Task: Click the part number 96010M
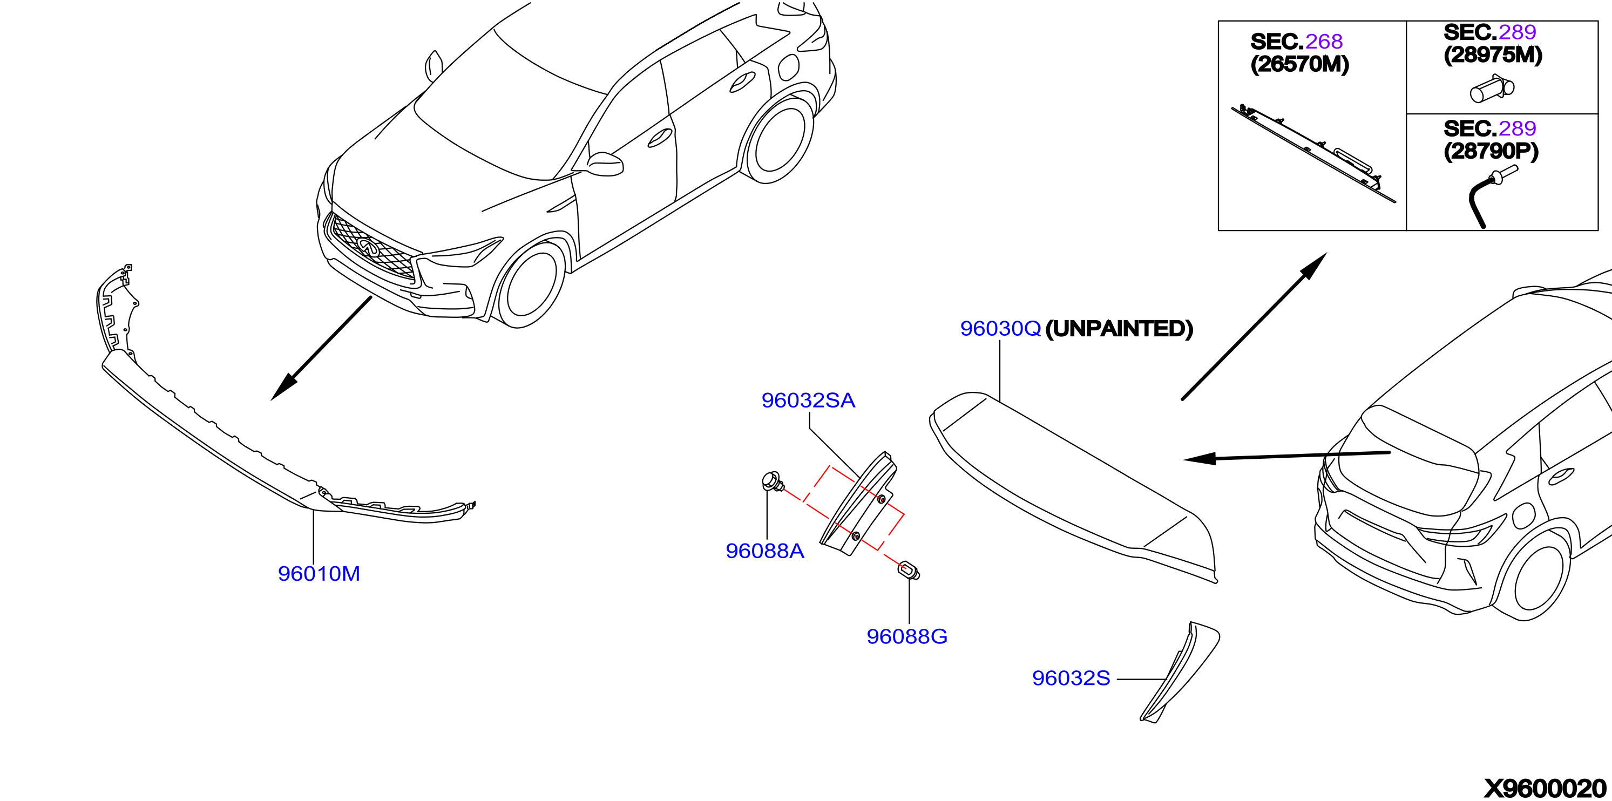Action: click(x=319, y=573)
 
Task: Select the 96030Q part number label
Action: click(x=1000, y=329)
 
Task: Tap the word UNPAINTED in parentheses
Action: click(x=1119, y=329)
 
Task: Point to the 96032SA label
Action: click(x=808, y=400)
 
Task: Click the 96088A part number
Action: click(x=764, y=551)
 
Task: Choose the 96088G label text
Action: click(x=907, y=636)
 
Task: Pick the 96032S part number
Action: click(x=1071, y=678)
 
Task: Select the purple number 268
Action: click(x=1324, y=42)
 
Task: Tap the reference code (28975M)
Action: click(x=1493, y=55)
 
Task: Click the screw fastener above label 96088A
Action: click(x=773, y=482)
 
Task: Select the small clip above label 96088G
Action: click(x=909, y=571)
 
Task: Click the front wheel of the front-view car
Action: click(x=531, y=285)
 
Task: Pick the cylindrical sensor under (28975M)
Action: click(x=1492, y=89)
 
